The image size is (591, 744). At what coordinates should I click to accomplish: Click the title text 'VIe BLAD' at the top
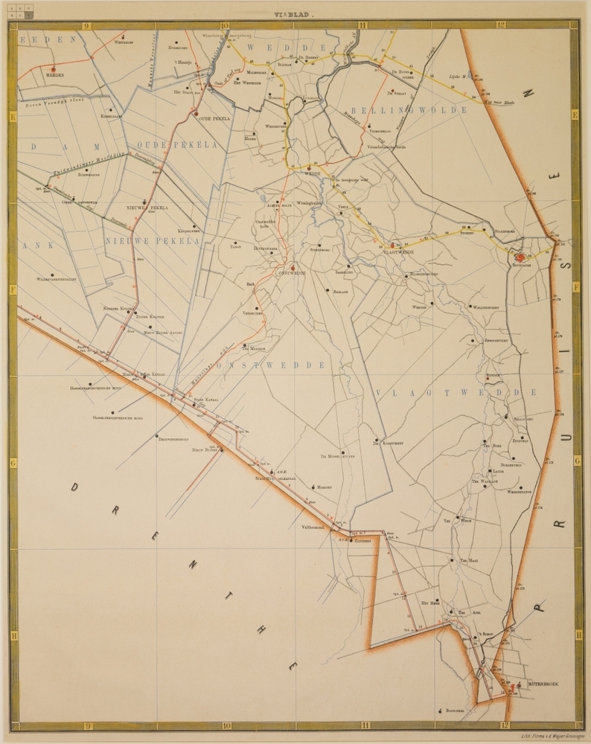tap(295, 13)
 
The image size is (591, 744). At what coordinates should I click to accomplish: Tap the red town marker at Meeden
tap(52, 68)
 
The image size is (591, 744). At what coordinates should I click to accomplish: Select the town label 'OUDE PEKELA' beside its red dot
tap(214, 119)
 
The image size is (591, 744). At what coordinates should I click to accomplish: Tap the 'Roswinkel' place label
tap(456, 711)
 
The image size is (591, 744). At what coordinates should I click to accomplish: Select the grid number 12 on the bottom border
tap(504, 726)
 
